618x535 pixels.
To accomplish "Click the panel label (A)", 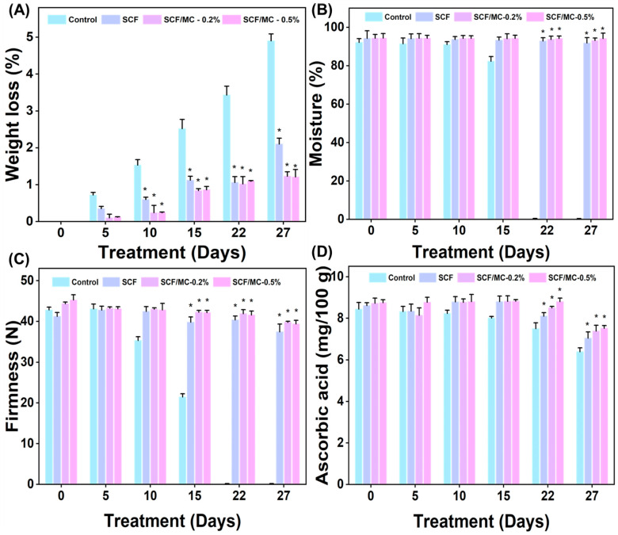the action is [x=19, y=10].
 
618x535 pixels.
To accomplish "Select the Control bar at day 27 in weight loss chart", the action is [x=271, y=131].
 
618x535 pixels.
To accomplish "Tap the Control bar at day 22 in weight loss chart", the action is [x=227, y=158].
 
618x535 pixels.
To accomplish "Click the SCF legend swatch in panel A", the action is [x=110, y=19].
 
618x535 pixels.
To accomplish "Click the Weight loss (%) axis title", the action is [x=13, y=115].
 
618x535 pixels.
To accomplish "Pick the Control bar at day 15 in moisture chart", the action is [x=491, y=140].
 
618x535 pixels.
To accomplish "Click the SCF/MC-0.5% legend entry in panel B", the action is [x=561, y=17].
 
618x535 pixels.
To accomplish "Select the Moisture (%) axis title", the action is [x=316, y=113].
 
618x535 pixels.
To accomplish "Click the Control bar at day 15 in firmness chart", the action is [x=182, y=440].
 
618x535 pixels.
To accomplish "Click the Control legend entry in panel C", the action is [x=75, y=282].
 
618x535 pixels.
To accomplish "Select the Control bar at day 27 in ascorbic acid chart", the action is [x=580, y=418].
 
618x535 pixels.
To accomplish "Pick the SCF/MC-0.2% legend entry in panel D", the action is [x=491, y=278].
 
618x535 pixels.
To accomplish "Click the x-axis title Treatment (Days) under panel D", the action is [x=481, y=522].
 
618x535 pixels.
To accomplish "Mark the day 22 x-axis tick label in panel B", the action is [x=547, y=230].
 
